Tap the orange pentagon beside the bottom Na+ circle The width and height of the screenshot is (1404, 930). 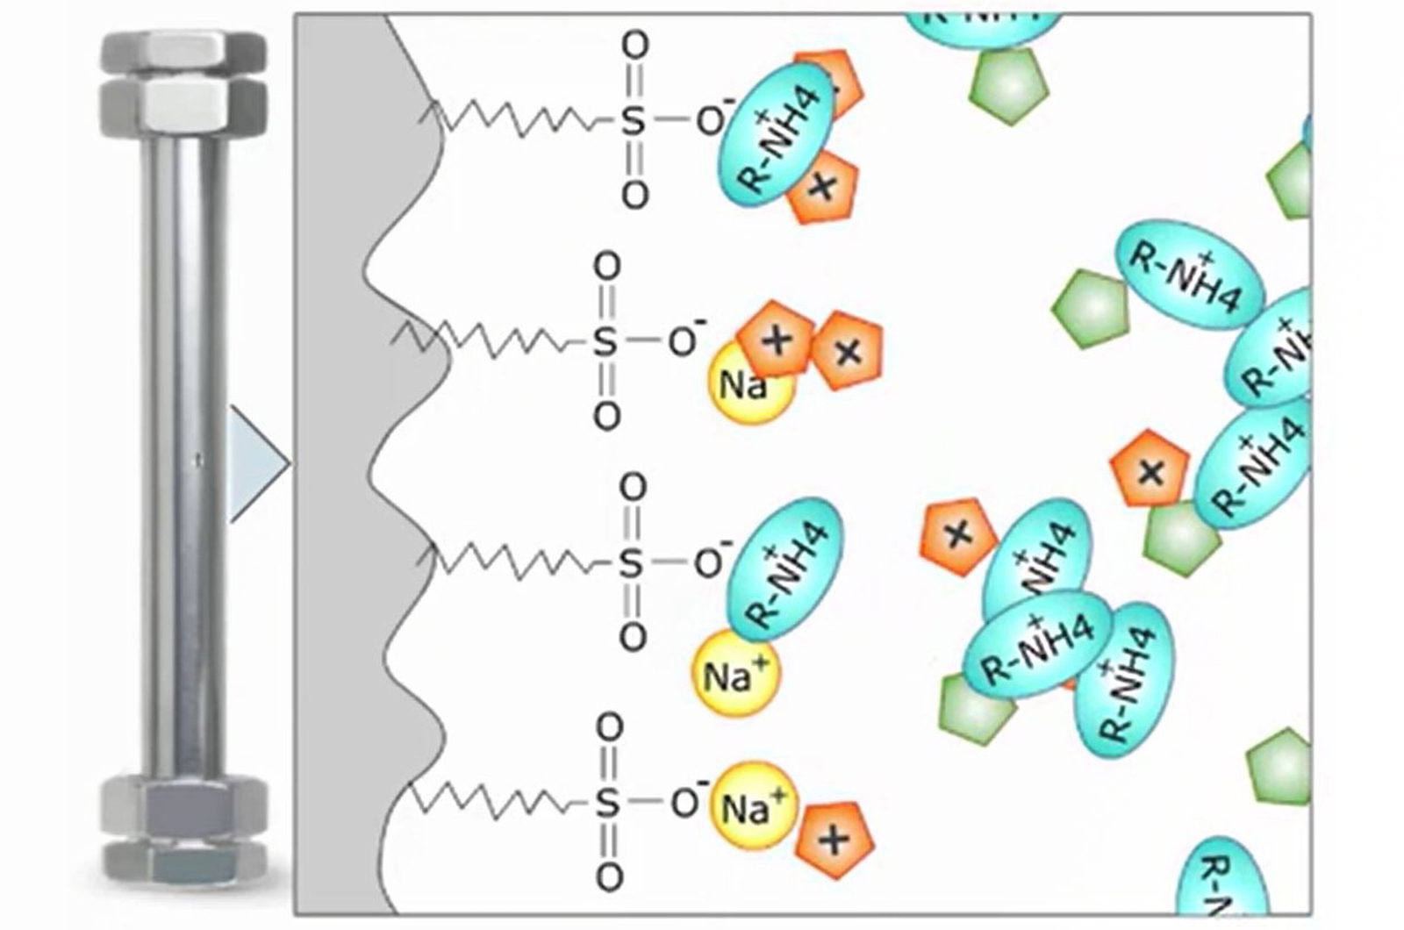[x=835, y=841]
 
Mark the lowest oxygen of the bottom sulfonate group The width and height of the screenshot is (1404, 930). [x=608, y=876]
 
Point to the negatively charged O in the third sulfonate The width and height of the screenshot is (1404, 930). [x=709, y=563]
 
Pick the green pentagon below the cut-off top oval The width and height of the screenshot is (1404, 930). [x=1010, y=86]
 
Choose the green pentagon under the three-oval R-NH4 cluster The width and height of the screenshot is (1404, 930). [x=976, y=709]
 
